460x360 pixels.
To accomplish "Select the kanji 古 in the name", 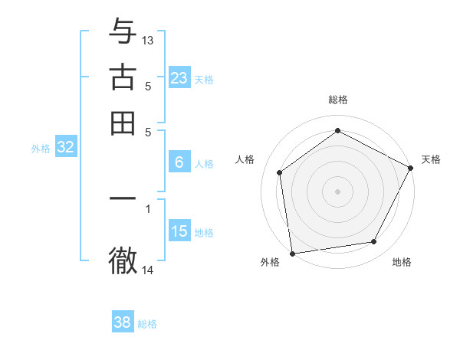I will (123, 77).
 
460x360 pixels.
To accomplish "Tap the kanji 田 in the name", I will (123, 123).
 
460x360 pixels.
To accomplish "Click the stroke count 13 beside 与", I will (148, 40).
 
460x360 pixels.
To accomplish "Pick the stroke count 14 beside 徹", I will (148, 270).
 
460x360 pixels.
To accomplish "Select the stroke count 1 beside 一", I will (148, 207).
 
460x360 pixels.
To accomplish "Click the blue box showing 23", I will (179, 77).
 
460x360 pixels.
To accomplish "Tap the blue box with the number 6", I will (179, 162).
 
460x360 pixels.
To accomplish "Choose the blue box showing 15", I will (179, 231).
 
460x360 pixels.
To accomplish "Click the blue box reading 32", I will (65, 148).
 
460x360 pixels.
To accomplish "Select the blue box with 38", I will (122, 322).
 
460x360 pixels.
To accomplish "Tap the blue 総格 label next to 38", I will (147, 324).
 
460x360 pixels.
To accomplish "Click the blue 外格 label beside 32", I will (41, 149).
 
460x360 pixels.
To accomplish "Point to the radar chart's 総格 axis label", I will (338, 100).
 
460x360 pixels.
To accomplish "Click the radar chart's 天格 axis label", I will (431, 159).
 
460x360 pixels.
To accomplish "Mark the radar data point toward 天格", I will (411, 168).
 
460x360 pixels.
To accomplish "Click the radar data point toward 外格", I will (292, 253).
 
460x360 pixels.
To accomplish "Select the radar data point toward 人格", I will (280, 172).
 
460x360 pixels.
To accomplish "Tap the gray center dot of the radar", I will (337, 191).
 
